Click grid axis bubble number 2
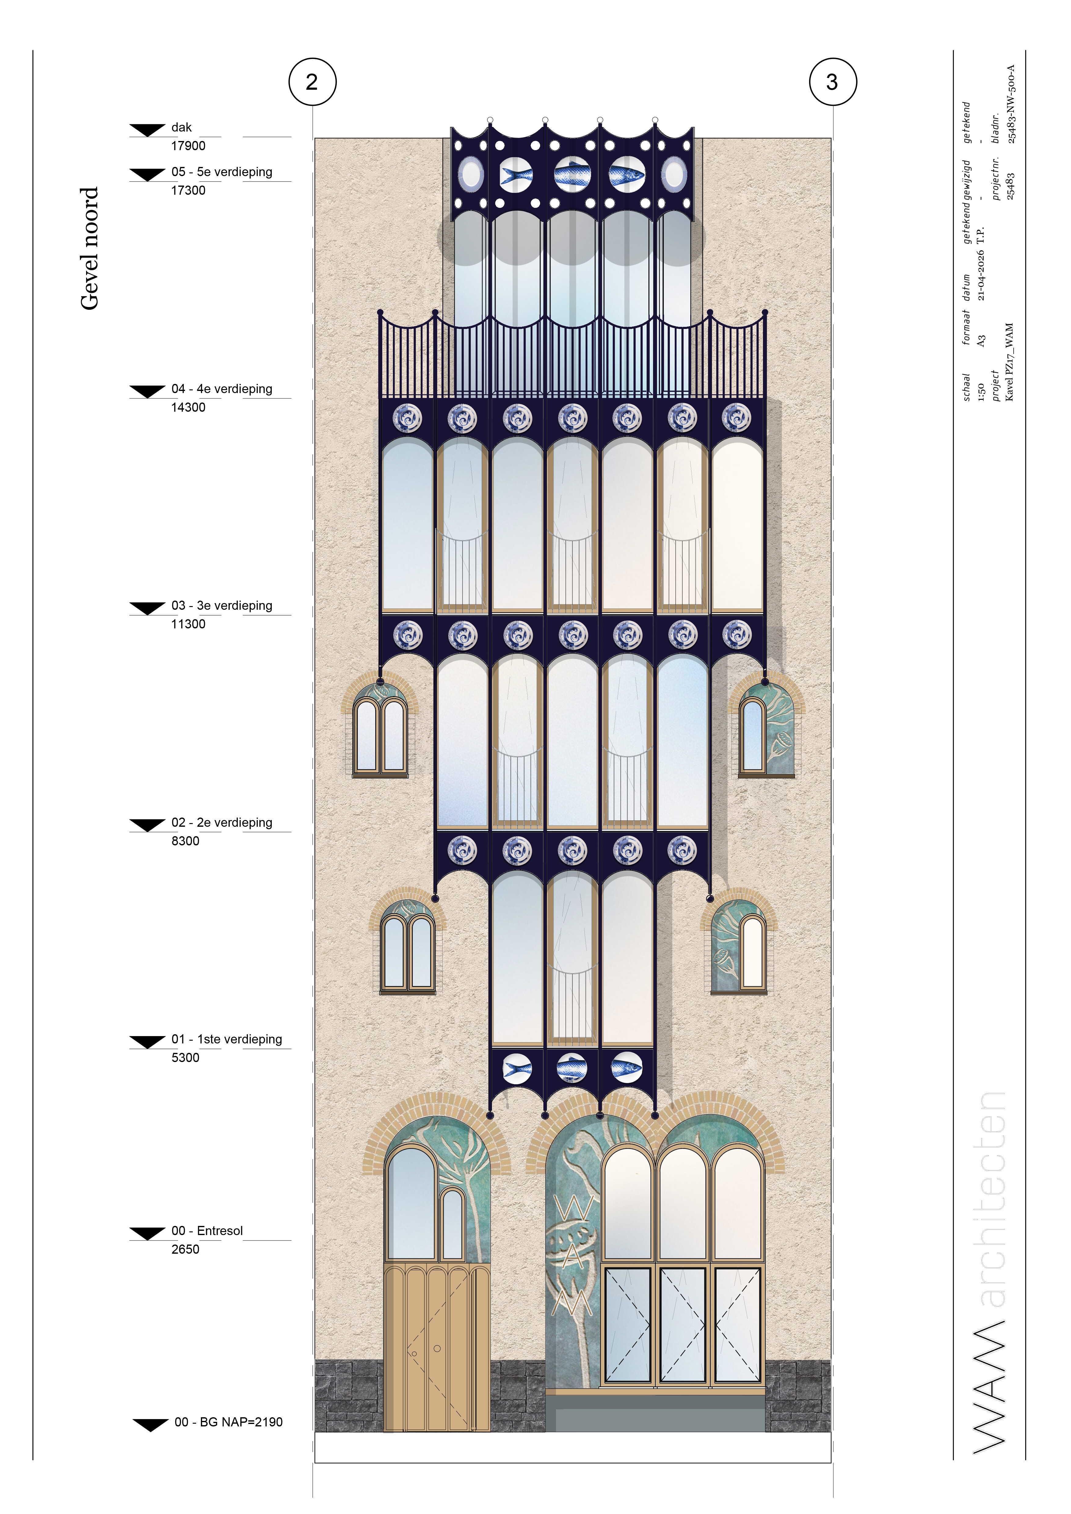coord(313,82)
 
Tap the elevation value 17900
coord(188,146)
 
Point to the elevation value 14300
coord(188,407)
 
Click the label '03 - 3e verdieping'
coord(222,605)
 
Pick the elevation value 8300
coord(185,841)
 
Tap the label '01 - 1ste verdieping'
coord(226,1039)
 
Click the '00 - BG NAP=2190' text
coord(228,1422)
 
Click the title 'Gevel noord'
coord(89,248)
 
